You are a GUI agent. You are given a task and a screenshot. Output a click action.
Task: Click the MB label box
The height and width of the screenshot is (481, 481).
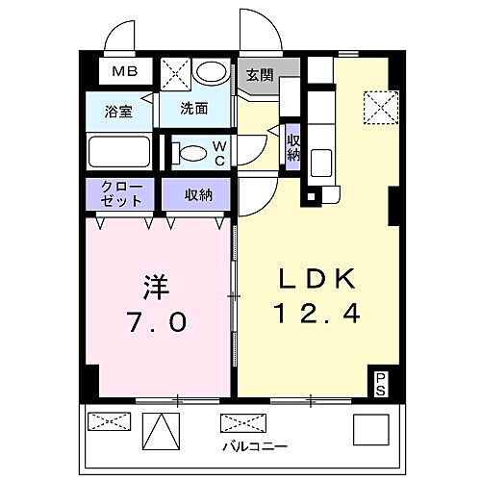click(x=121, y=71)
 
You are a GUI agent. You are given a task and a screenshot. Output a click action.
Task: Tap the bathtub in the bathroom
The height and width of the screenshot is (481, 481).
click(x=119, y=152)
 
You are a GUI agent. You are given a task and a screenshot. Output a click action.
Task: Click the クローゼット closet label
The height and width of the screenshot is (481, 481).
click(x=121, y=193)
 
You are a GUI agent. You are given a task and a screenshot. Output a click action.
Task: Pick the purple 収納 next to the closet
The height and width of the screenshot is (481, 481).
click(x=195, y=193)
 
